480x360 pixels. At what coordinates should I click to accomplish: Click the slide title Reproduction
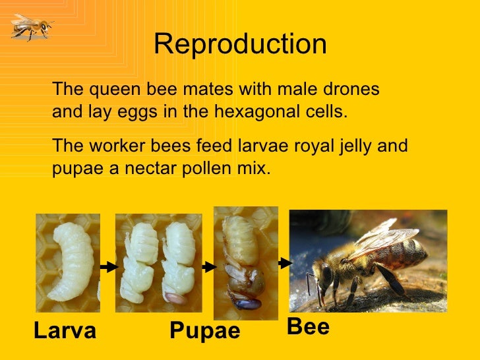(240, 44)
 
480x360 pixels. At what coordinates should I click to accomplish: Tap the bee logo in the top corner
(30, 26)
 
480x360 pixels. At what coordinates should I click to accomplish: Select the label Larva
(65, 331)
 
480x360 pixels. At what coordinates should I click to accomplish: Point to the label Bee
(308, 326)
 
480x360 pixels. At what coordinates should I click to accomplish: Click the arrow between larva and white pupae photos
(108, 267)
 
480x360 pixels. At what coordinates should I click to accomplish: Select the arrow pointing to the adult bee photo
(285, 262)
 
